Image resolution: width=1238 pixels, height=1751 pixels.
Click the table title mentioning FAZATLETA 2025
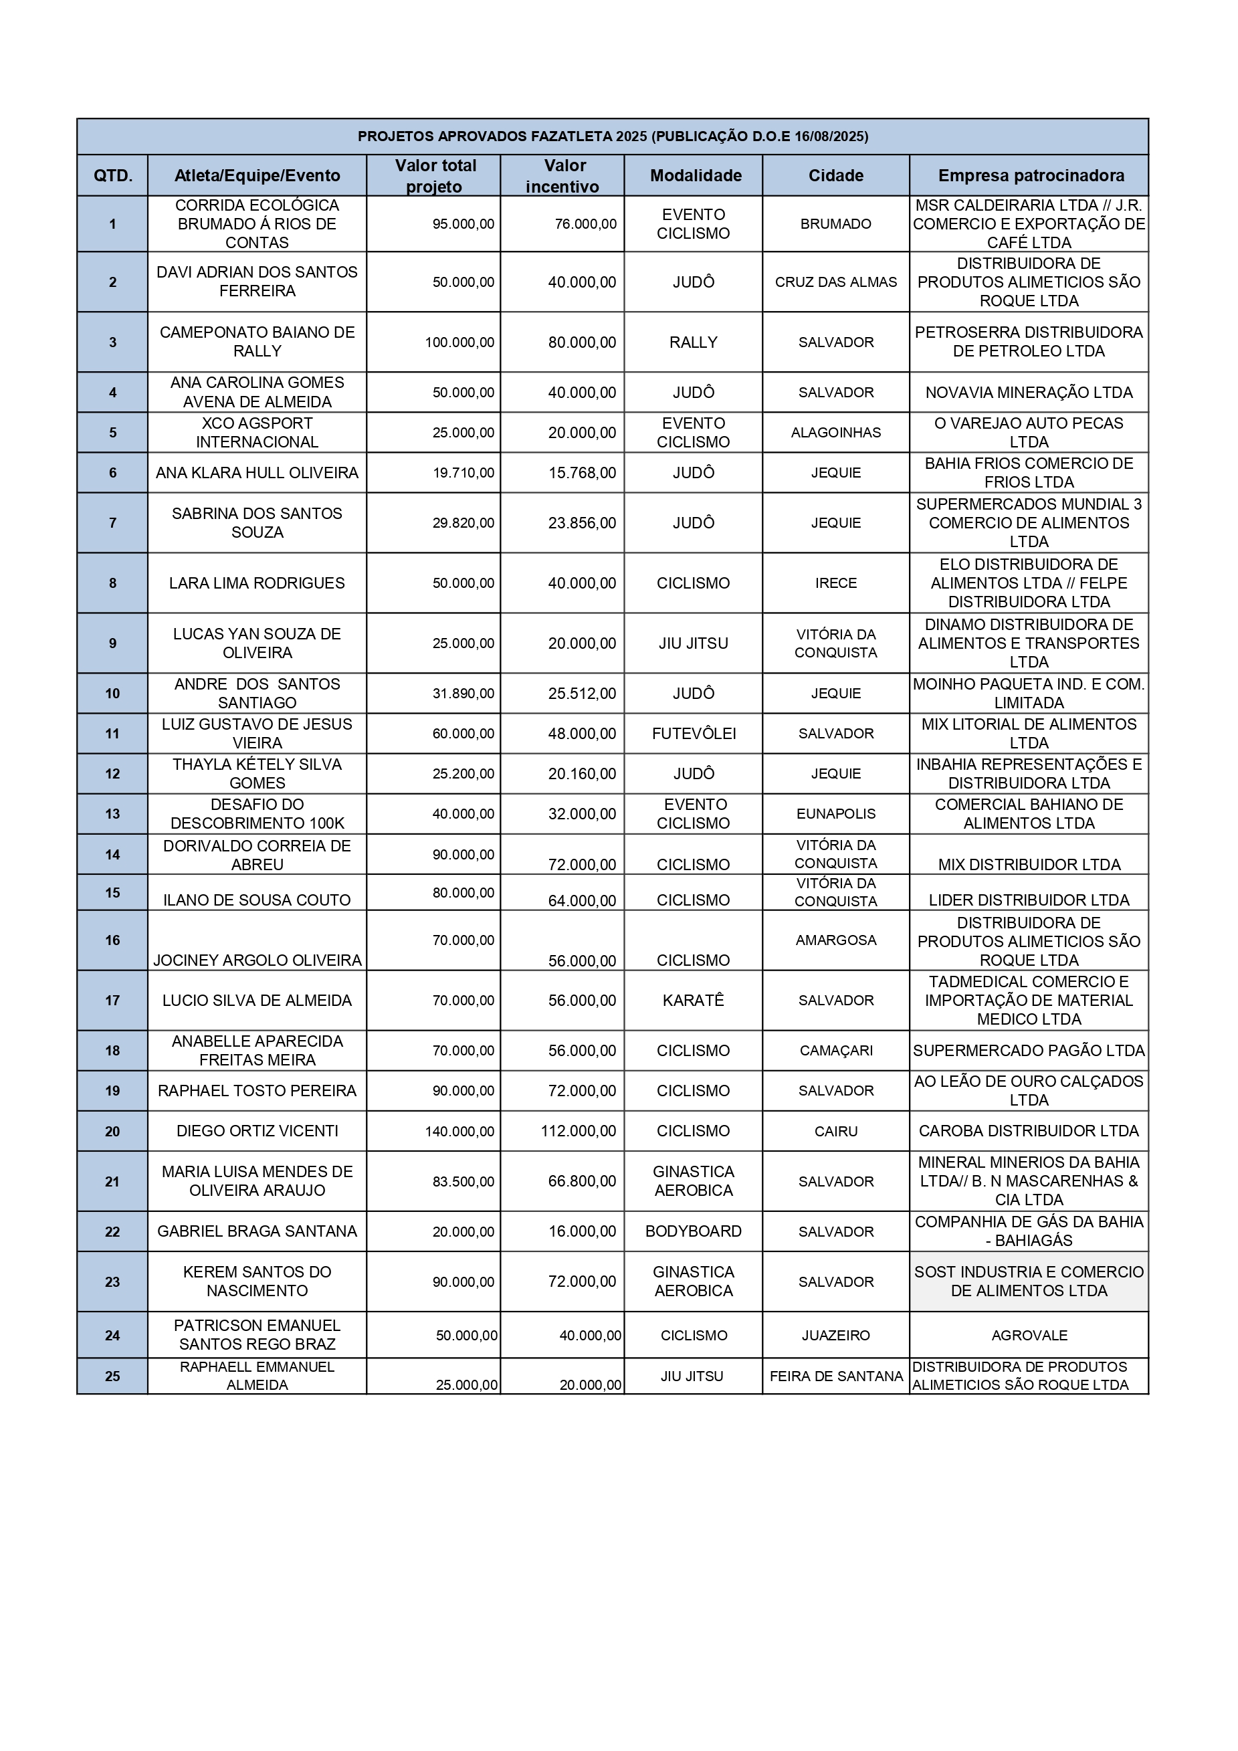tap(613, 136)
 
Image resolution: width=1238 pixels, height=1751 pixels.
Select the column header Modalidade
tap(695, 175)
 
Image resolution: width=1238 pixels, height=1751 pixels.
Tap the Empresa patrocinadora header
tap(1031, 175)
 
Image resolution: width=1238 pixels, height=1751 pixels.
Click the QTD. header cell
tap(113, 175)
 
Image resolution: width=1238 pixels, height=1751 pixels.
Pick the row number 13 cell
tap(113, 814)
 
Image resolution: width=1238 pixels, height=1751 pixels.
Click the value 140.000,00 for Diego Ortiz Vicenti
tap(460, 1131)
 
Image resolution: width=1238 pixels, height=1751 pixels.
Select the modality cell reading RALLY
tap(693, 342)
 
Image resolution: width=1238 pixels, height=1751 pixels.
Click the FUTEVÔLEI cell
tap(694, 734)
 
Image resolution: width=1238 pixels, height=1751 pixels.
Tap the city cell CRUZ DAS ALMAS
tap(836, 282)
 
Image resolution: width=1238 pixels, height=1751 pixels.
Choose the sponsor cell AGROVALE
tap(1029, 1336)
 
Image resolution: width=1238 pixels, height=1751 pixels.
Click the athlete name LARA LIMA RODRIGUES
tap(257, 583)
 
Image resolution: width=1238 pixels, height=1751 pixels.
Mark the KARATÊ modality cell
tap(693, 1001)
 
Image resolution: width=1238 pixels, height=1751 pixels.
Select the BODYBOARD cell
tap(693, 1231)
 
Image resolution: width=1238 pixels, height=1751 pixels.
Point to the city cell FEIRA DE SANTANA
tap(836, 1376)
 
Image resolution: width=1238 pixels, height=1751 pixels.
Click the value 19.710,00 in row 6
tap(463, 473)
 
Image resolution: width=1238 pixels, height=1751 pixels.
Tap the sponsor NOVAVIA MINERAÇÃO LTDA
tap(1029, 393)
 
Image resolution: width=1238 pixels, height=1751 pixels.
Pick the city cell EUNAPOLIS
tap(836, 814)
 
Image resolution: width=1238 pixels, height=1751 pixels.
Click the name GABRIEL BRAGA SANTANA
tap(257, 1231)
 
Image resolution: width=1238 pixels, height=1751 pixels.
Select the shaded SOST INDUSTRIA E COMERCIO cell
tap(1029, 1281)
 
